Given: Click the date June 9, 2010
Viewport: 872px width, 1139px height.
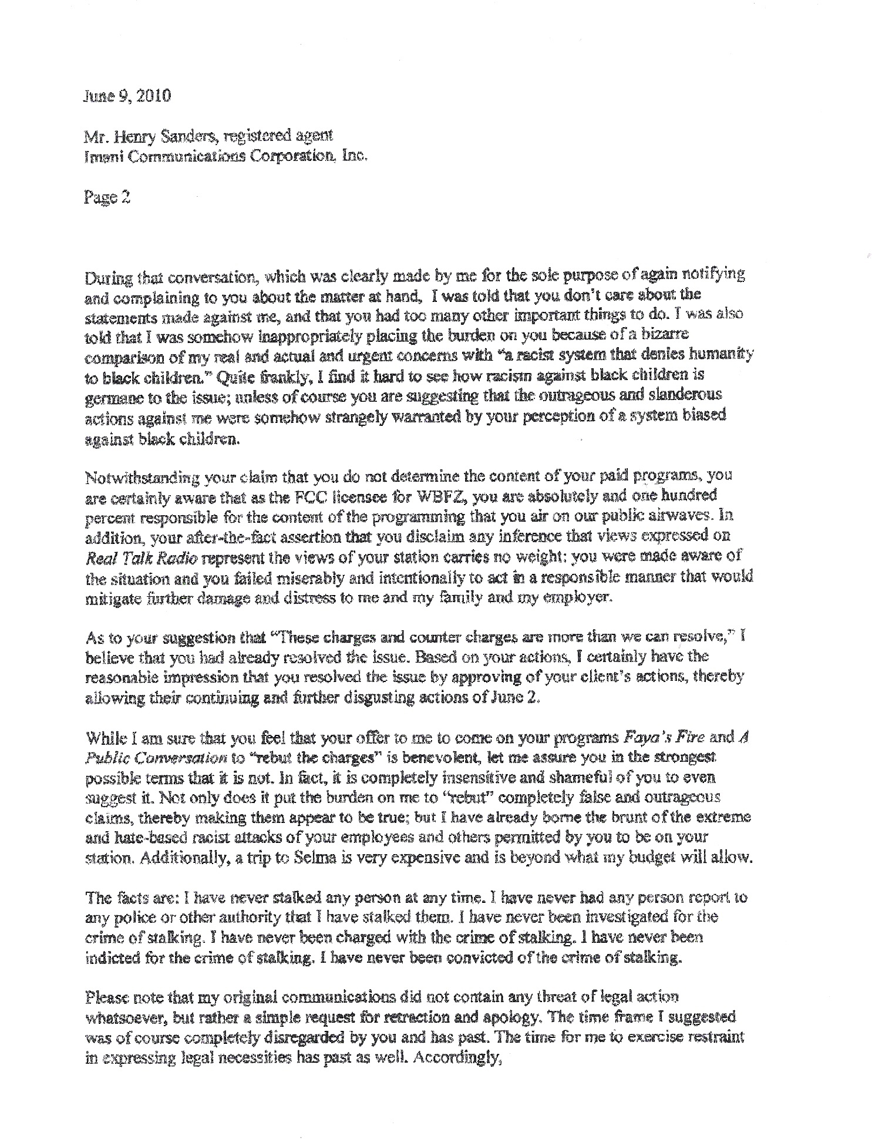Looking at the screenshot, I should [126, 96].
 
